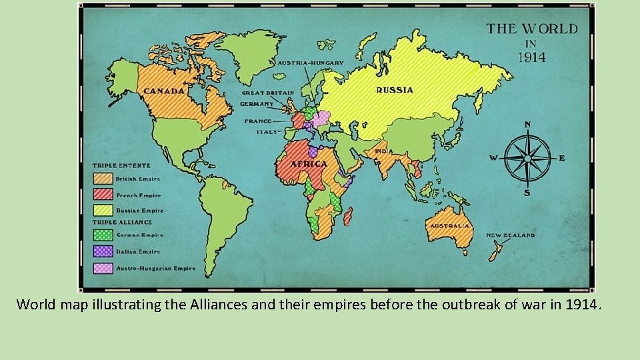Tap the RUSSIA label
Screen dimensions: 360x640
(395, 90)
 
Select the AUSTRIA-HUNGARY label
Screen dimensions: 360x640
(311, 63)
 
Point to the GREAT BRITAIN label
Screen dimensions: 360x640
(267, 93)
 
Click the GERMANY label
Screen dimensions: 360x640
(257, 104)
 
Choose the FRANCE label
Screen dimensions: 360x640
(258, 121)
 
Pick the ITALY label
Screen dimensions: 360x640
(266, 132)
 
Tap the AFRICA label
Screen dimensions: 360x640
(309, 163)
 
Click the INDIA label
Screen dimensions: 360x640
(382, 151)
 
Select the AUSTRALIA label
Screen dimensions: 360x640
(449, 225)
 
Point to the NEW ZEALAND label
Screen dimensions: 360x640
(510, 235)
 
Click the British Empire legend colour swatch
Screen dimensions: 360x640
(103, 179)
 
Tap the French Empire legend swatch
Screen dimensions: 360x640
(103, 195)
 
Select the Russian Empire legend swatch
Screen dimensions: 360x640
(103, 210)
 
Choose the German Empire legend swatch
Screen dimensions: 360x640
(103, 235)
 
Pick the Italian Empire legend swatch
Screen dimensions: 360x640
(103, 251)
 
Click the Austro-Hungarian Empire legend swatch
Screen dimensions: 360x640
(103, 268)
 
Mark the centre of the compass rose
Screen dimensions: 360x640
(527, 159)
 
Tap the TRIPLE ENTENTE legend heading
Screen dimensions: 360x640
(121, 165)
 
